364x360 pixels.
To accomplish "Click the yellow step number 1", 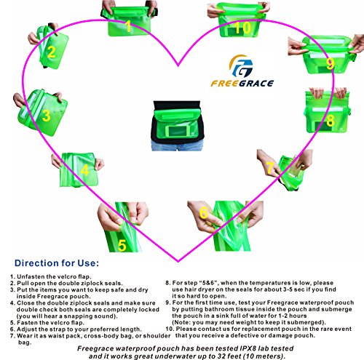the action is click(x=128, y=26).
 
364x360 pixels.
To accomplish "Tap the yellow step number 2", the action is click(x=51, y=52).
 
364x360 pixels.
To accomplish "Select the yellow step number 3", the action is click(x=46, y=116).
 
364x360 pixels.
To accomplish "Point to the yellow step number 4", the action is click(x=84, y=170).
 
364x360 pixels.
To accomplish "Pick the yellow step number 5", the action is click(x=122, y=245).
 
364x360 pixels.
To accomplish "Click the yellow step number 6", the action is click(x=204, y=212).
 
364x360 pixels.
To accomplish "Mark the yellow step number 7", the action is click(x=270, y=168).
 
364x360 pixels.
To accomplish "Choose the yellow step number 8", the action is click(x=331, y=121).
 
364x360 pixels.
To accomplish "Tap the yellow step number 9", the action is click(x=331, y=63).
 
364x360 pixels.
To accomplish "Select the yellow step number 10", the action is click(x=242, y=28).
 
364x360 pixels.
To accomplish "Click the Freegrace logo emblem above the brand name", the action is click(x=241, y=66).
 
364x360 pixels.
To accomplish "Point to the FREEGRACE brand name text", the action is click(x=242, y=84).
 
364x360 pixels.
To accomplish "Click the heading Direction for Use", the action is click(x=57, y=263).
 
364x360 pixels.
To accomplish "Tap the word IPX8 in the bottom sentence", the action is click(x=248, y=348).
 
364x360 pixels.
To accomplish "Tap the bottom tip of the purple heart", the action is click(x=178, y=262).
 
